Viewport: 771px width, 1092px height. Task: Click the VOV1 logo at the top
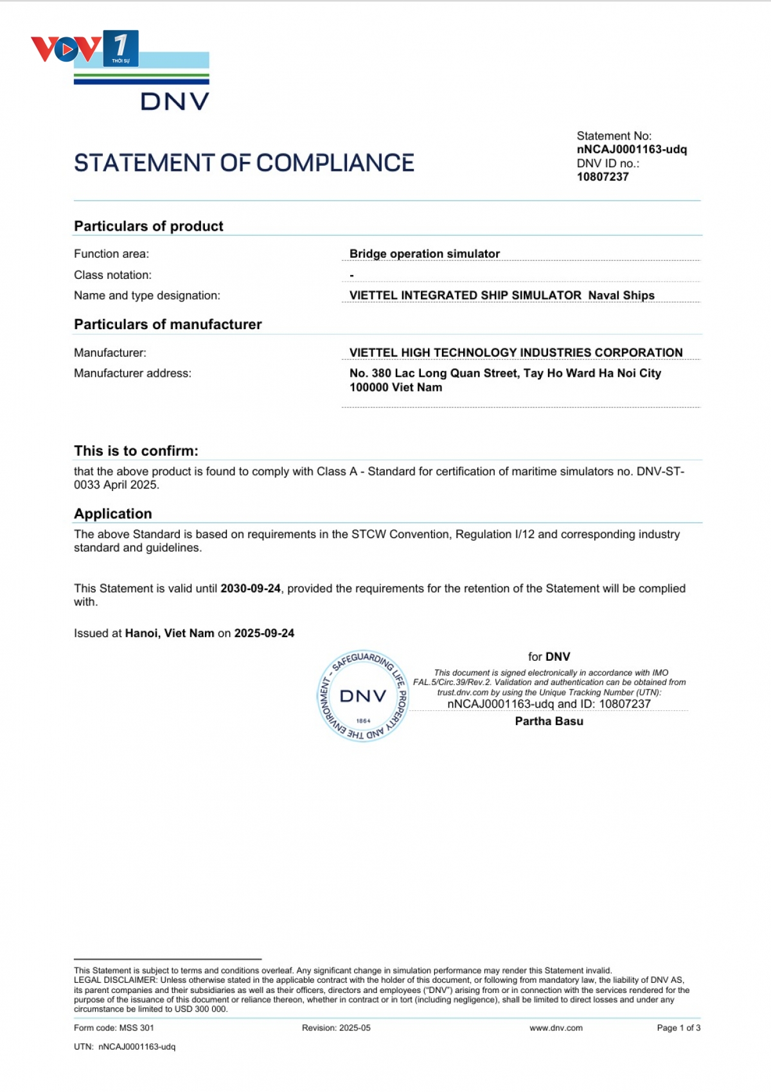85,48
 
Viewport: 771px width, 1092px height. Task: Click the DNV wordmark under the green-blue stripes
175,102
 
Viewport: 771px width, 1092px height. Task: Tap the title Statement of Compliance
244,163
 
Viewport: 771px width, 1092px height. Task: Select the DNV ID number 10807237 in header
603,177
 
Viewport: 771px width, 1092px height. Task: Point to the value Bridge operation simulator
424,254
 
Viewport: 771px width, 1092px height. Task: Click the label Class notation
112,275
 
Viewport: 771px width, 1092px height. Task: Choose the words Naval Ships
621,296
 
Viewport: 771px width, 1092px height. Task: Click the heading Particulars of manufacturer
168,325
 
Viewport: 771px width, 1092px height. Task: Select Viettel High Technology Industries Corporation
515,353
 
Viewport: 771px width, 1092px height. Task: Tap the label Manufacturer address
132,373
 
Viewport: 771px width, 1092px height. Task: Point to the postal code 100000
369,388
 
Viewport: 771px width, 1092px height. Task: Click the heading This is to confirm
136,451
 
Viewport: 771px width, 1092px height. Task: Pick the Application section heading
113,514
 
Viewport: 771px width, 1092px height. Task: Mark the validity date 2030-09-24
251,589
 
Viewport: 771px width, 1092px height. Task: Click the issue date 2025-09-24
264,633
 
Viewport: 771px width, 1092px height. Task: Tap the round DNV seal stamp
363,696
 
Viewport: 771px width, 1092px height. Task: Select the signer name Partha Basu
549,721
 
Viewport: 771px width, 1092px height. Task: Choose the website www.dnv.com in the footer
556,1028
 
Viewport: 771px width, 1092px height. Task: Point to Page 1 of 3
678,1028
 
